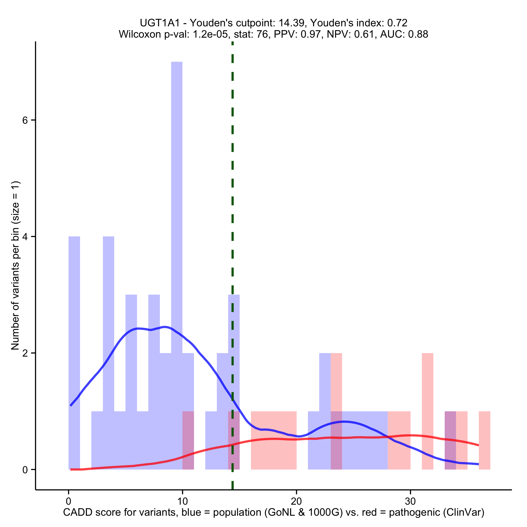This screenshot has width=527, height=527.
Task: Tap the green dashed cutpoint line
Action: [x=232, y=191]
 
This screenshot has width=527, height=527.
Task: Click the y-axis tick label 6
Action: [x=25, y=120]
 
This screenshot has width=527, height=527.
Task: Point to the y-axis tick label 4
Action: [x=25, y=237]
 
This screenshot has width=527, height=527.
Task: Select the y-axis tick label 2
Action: [x=25, y=353]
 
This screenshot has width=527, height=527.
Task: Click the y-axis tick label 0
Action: [x=25, y=470]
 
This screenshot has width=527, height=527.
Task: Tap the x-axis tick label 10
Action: [x=182, y=501]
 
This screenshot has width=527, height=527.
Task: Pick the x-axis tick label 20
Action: [x=296, y=501]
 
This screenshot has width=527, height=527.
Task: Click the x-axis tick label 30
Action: [x=410, y=501]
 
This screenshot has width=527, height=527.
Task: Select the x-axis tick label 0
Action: [x=69, y=501]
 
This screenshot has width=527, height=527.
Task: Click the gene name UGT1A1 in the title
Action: [x=160, y=23]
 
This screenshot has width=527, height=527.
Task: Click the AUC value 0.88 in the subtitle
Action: [x=418, y=34]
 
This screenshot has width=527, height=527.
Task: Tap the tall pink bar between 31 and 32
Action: [x=427, y=409]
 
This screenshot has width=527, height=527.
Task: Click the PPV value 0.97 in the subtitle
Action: [x=312, y=34]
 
